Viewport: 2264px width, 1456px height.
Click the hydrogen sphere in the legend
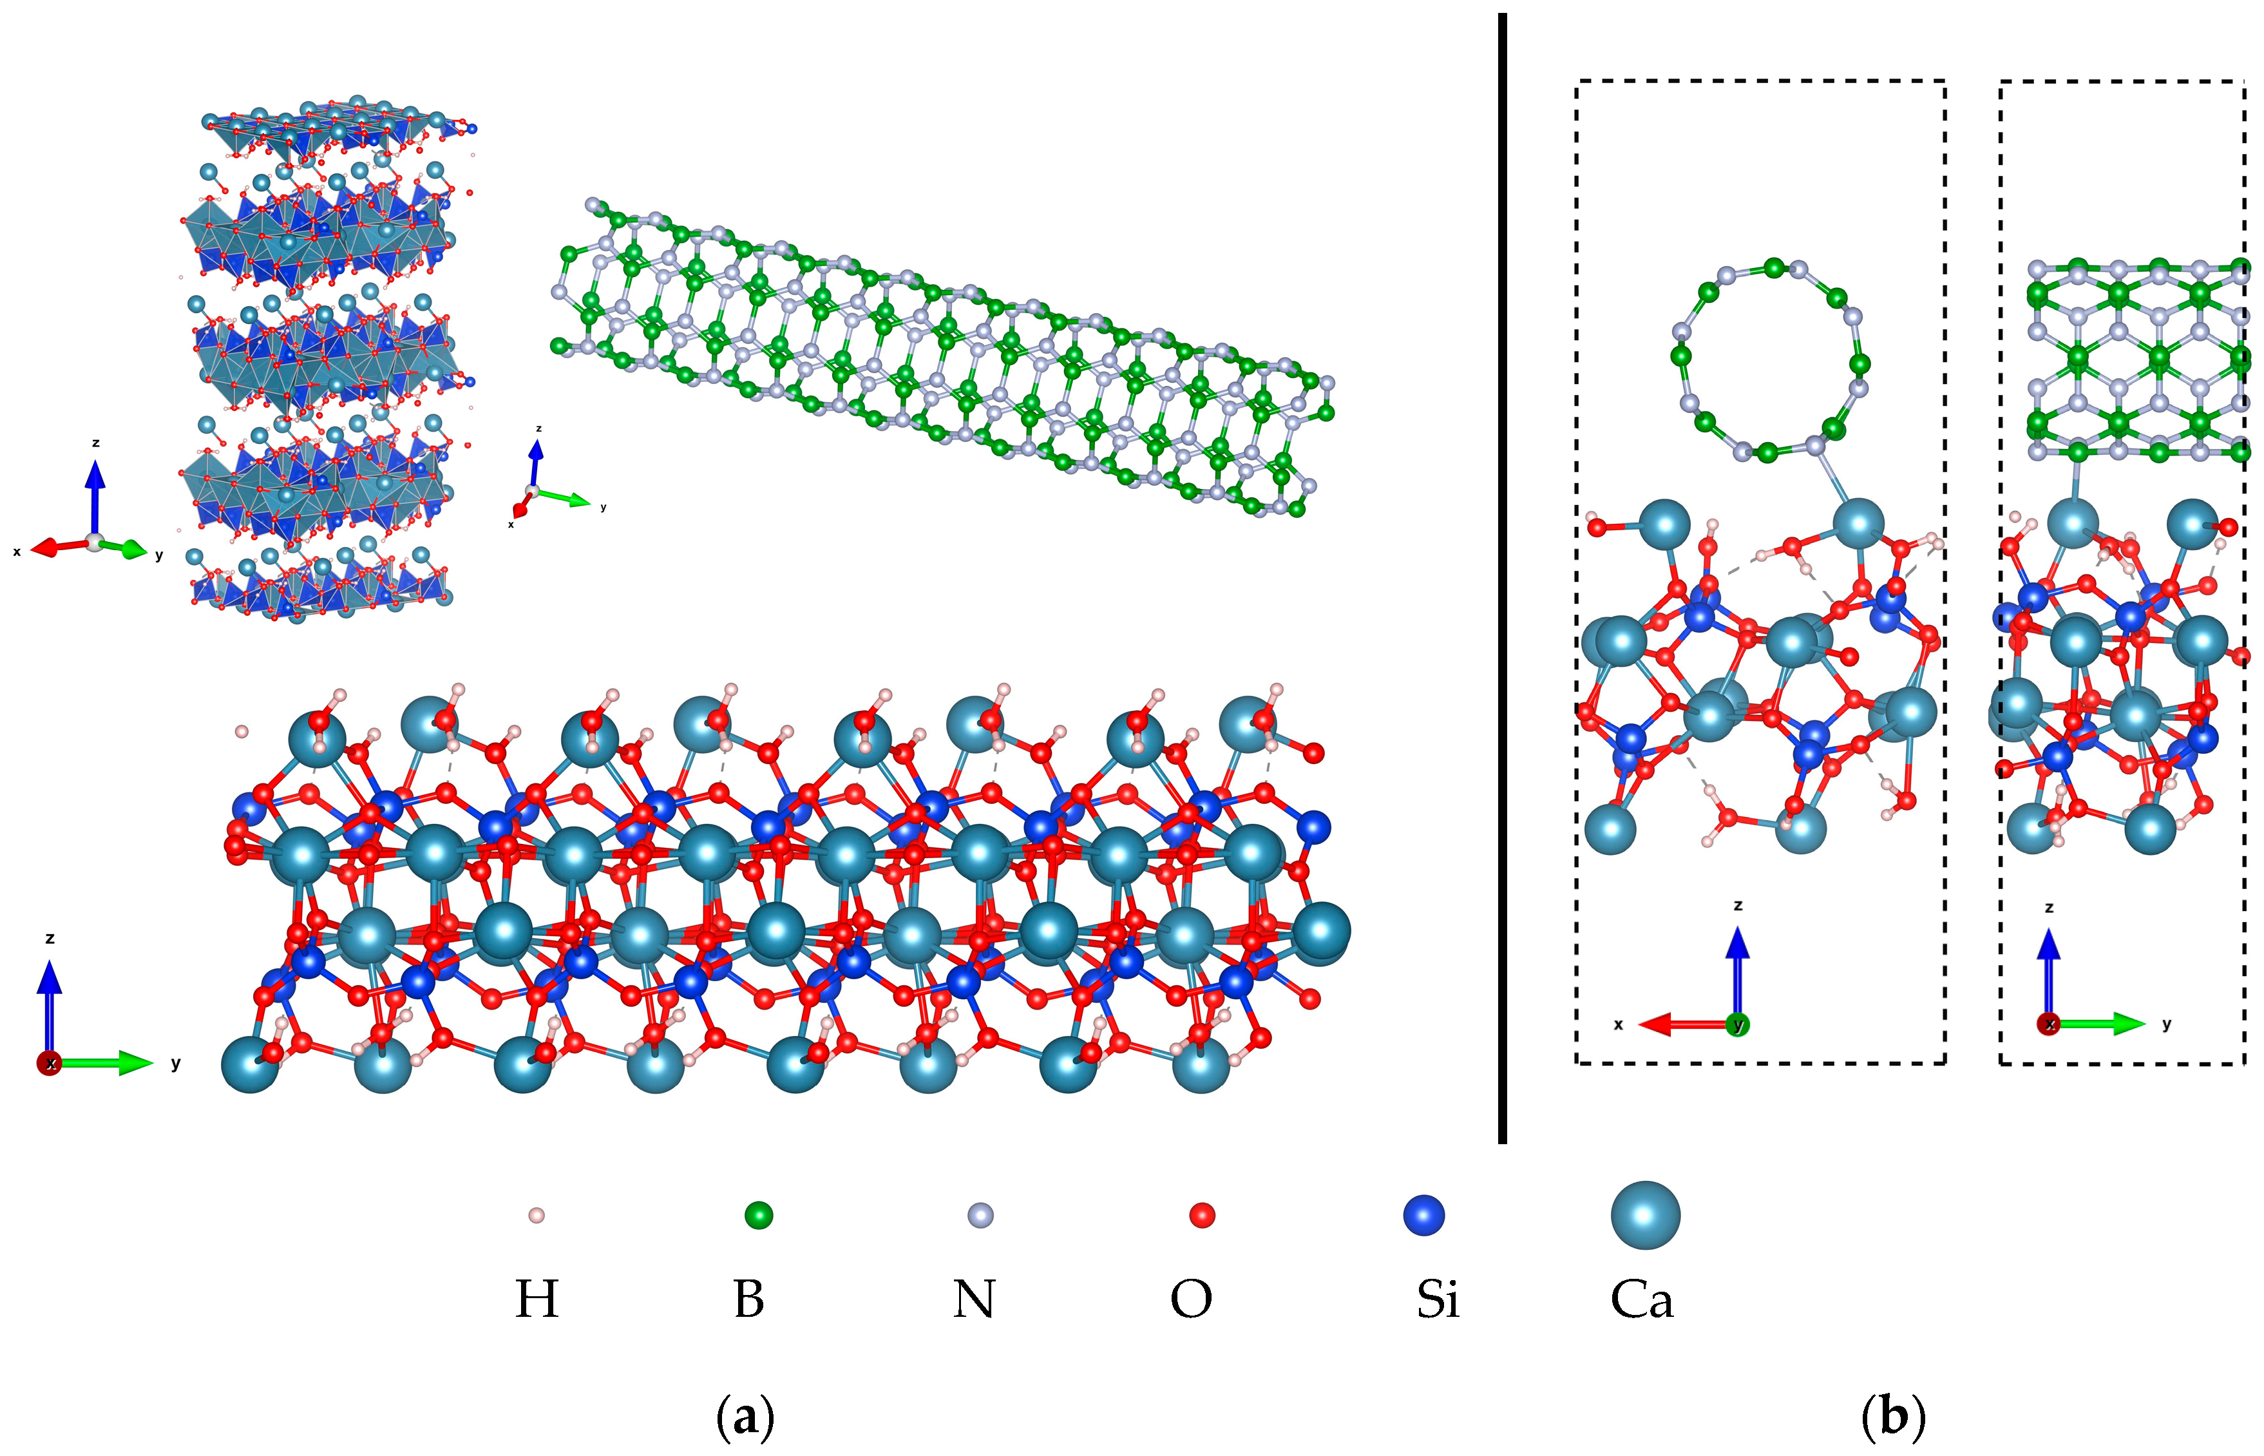click(x=536, y=1215)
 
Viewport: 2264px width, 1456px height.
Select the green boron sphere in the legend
click(x=758, y=1215)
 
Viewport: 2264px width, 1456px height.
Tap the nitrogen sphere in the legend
click(x=981, y=1215)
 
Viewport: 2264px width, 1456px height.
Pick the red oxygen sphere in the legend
click(x=1201, y=1215)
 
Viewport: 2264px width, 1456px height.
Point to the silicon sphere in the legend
click(x=1423, y=1215)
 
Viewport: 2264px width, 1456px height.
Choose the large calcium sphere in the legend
click(x=1645, y=1215)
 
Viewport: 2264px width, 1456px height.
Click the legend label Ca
click(x=1641, y=1300)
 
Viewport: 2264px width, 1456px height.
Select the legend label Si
click(x=1437, y=1300)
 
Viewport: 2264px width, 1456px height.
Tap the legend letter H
click(x=536, y=1300)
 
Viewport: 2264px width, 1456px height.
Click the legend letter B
click(x=748, y=1300)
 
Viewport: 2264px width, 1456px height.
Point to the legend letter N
click(x=974, y=1300)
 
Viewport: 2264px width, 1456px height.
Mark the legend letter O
click(x=1190, y=1300)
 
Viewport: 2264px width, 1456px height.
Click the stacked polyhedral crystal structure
click(x=321, y=359)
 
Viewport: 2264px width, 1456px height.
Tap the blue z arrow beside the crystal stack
click(x=95, y=492)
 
